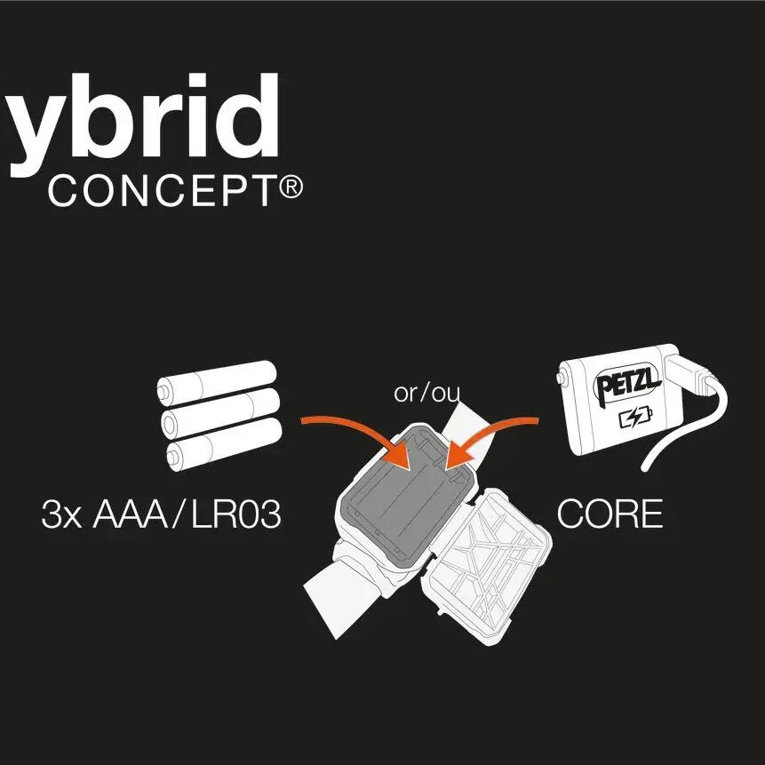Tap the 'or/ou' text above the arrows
pyautogui.click(x=427, y=393)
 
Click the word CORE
pyautogui.click(x=610, y=514)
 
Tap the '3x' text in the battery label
pyautogui.click(x=60, y=515)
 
